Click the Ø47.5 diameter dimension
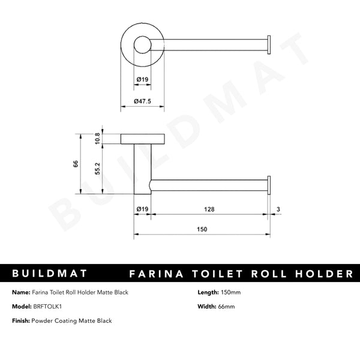pyautogui.click(x=142, y=101)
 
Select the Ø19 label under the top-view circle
pyautogui.click(x=142, y=79)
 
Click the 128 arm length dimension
pyautogui.click(x=208, y=209)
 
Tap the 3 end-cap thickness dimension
pyautogui.click(x=278, y=209)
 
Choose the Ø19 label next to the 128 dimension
pyautogui.click(x=142, y=209)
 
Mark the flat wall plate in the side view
pyautogui.click(x=142, y=139)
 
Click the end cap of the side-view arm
pyautogui.click(x=269, y=185)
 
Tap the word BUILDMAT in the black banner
pyautogui.click(x=50, y=274)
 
